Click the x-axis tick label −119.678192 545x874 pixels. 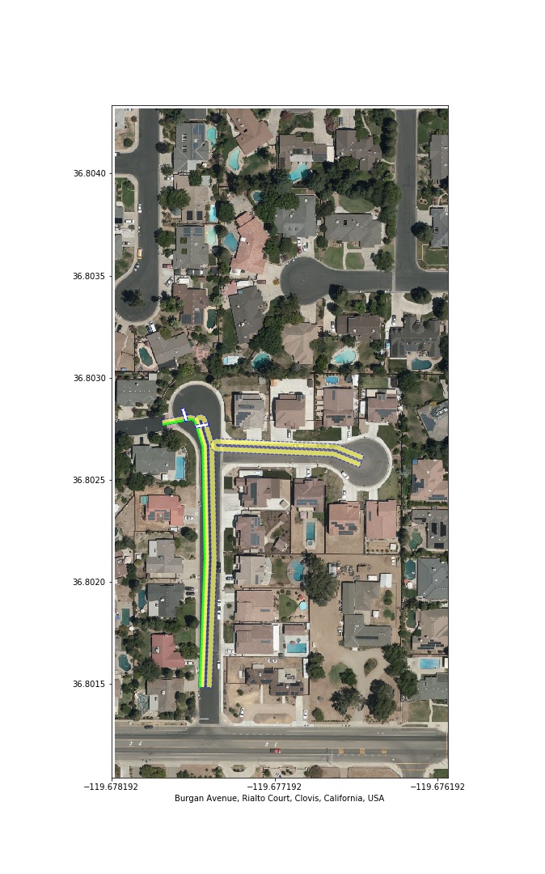112,786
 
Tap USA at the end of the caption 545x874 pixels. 375,798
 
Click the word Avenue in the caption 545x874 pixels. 224,798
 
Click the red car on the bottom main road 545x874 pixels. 277,750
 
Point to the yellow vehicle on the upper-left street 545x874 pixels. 139,252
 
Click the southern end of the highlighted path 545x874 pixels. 205,686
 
